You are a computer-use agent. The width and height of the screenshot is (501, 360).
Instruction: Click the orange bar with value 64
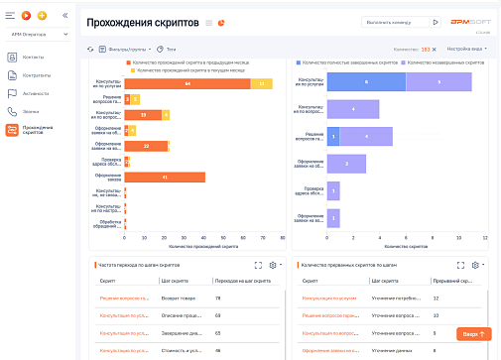(x=187, y=84)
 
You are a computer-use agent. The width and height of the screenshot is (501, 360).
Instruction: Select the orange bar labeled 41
(x=164, y=177)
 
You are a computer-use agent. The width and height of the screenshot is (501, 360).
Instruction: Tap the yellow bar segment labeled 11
(x=261, y=84)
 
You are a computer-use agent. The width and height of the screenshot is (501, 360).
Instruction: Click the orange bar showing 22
(x=146, y=146)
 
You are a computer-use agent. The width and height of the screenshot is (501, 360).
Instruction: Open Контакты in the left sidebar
(x=34, y=57)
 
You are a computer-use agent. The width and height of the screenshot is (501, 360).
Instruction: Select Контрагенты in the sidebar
(x=37, y=74)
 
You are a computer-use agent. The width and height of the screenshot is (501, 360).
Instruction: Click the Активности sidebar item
(x=36, y=93)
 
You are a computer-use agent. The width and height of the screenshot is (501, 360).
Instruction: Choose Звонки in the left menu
(x=31, y=111)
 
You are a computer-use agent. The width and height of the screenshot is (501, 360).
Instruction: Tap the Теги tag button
(x=170, y=48)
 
